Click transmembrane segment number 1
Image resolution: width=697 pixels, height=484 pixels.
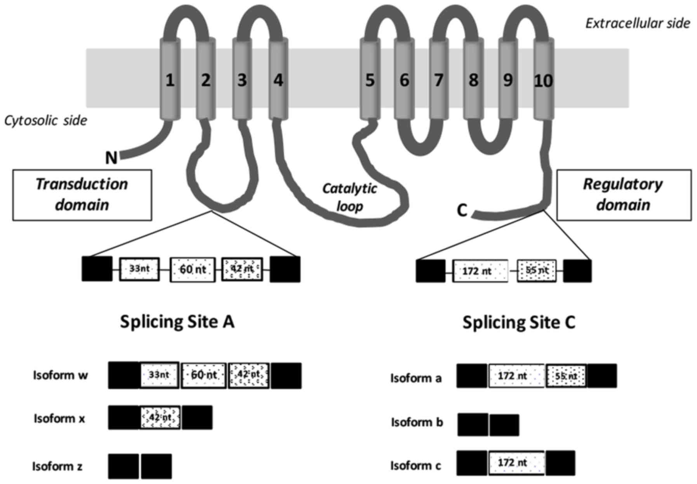pos(170,80)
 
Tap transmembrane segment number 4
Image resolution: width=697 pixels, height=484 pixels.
pos(278,80)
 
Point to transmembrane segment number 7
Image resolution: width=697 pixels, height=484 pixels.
pos(439,80)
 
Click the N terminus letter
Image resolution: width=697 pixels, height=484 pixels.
pos(111,158)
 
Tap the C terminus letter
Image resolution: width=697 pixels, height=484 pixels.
pos(462,211)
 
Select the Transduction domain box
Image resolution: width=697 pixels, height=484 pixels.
pos(82,195)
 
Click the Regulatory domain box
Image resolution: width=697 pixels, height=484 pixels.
pos(624,195)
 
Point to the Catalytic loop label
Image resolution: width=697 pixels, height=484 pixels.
pos(349,197)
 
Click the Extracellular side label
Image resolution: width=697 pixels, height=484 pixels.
pos(638,23)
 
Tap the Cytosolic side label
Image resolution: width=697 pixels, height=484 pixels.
pos(45,120)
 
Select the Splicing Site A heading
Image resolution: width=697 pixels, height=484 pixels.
pos(177,322)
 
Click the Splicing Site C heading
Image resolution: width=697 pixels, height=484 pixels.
pos(519,322)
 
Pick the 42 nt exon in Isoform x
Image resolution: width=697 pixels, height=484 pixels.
pos(160,418)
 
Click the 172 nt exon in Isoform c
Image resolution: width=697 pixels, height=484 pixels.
pos(516,463)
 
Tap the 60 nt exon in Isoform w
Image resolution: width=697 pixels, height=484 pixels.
pos(203,375)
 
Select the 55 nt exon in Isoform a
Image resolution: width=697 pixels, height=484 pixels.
pos(567,376)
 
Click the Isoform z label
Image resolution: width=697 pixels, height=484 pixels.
pos(57,466)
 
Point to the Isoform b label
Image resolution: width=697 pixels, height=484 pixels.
pos(417,422)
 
